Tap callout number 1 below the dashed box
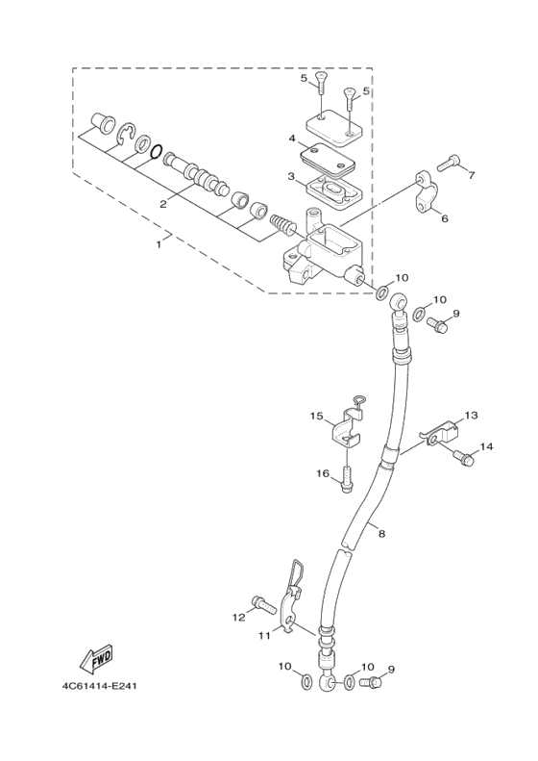tap(159, 243)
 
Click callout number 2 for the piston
tap(164, 203)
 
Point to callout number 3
tap(291, 176)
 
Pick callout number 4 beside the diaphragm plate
tap(291, 139)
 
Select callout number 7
tap(472, 175)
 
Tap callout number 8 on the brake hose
tap(380, 532)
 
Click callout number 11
tap(263, 635)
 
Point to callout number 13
tap(471, 416)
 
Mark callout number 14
tap(486, 447)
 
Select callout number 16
tap(323, 472)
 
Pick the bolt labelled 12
tap(261, 604)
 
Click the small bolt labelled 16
tap(347, 478)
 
